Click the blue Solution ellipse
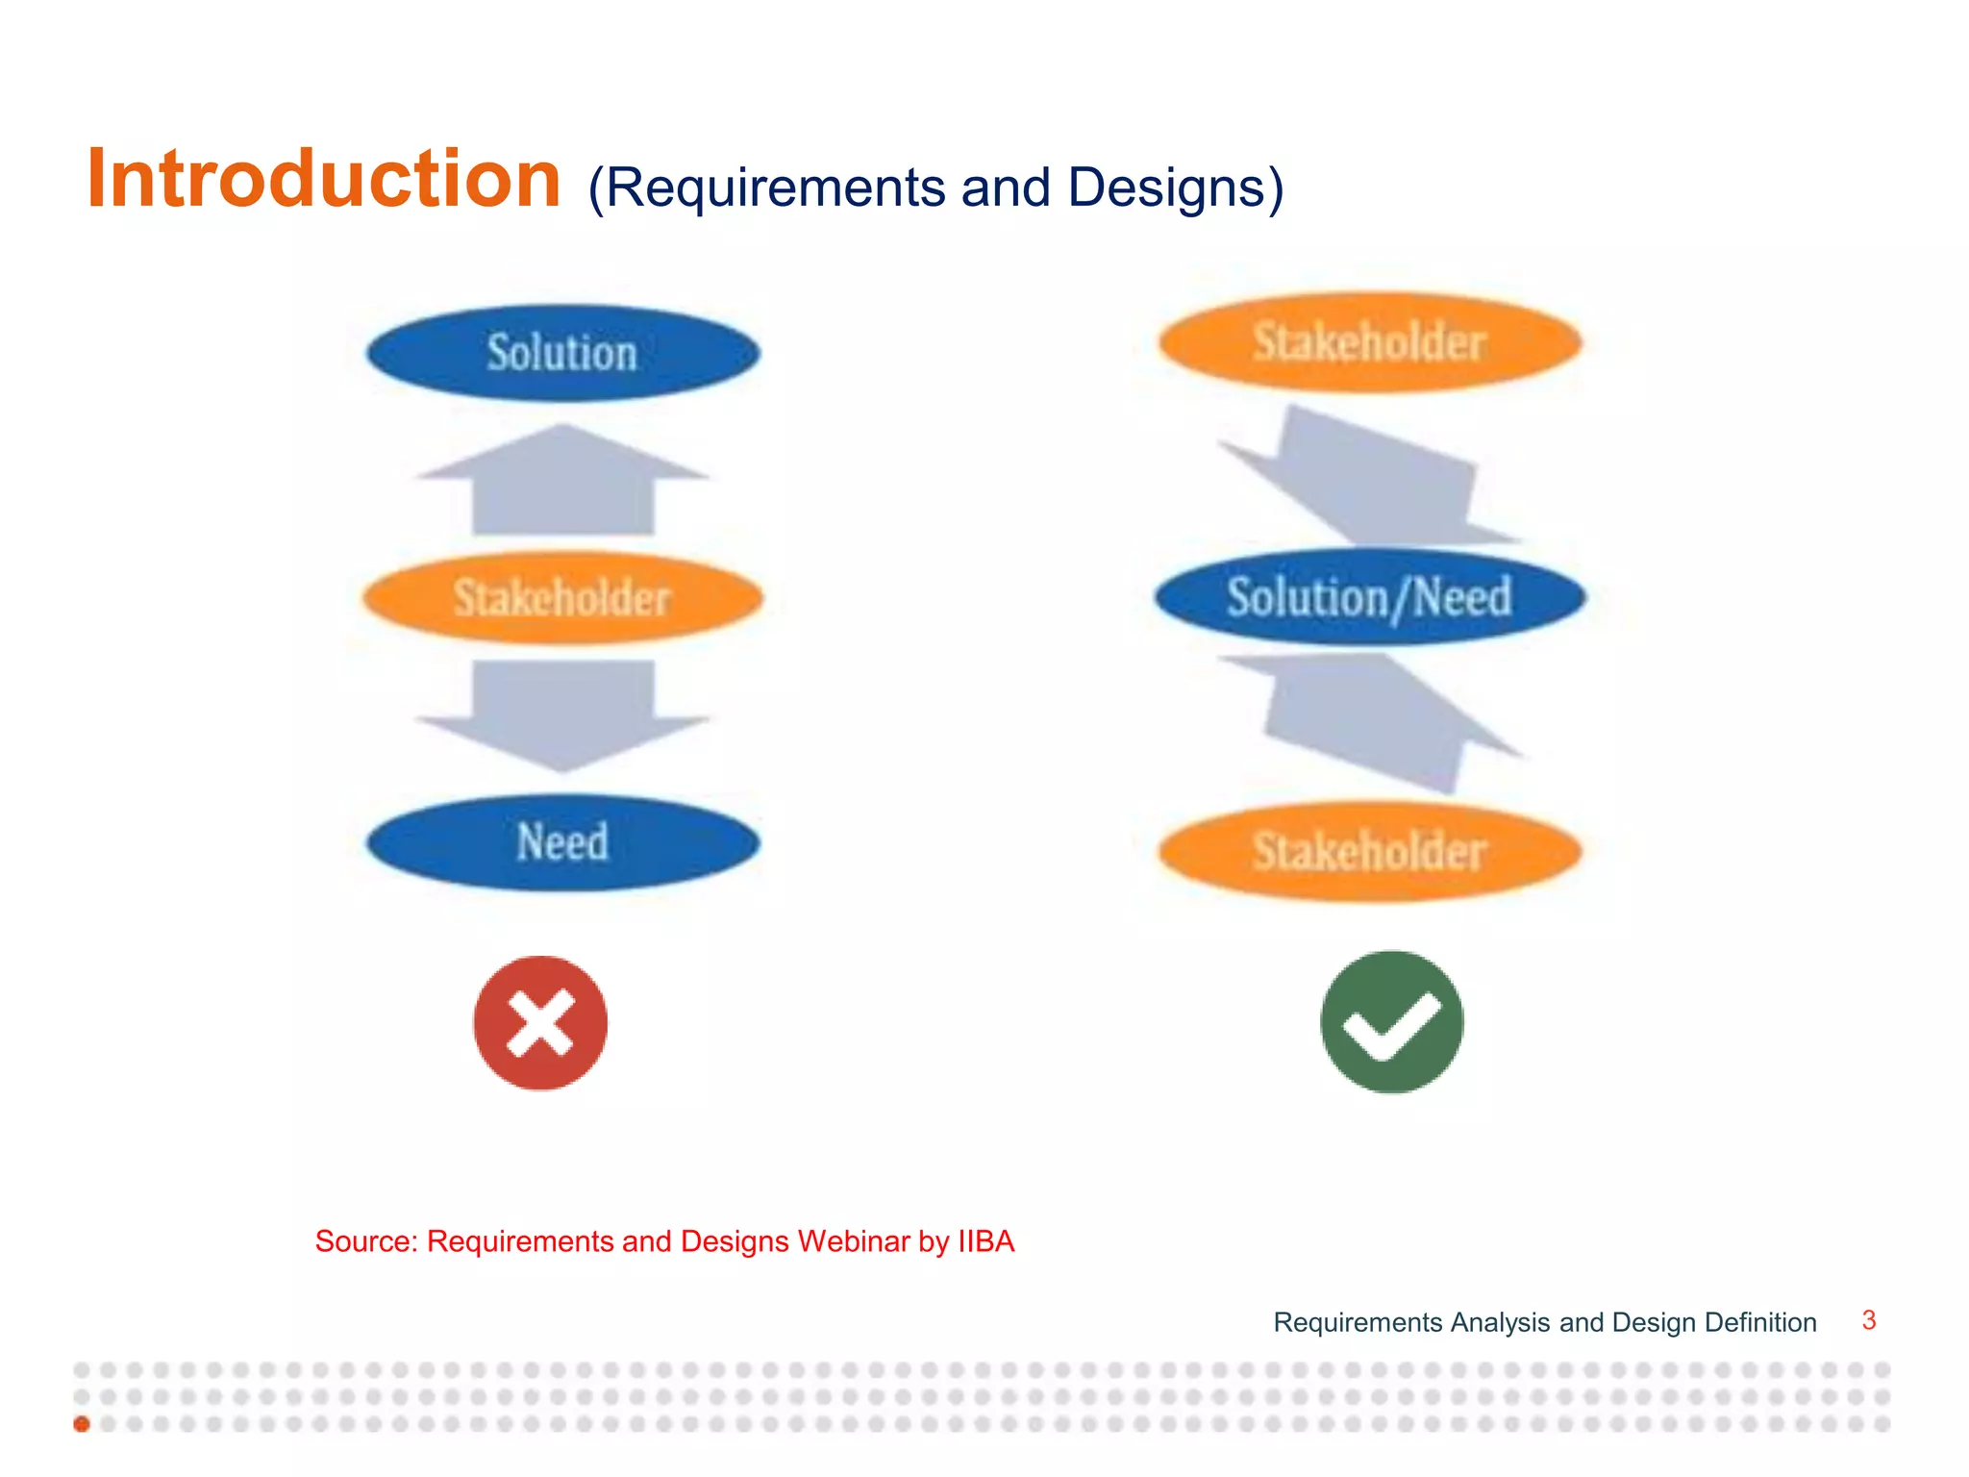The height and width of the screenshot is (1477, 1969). pos(562,353)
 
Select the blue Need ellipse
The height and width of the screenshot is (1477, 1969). pos(562,842)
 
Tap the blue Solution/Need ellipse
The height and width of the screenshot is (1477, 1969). pos(1369,597)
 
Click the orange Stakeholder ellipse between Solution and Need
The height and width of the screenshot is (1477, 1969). pos(562,598)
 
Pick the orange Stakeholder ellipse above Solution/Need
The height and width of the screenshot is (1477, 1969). pos(1369,342)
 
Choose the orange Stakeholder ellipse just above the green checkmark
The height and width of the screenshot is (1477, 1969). pos(1369,852)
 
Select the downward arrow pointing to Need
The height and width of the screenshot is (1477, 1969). pos(563,712)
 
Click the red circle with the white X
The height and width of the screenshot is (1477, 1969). pos(540,1023)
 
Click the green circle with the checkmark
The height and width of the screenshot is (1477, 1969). pos(1391,1022)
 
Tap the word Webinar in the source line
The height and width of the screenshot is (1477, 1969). pos(853,1241)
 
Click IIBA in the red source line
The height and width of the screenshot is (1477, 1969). pos(985,1241)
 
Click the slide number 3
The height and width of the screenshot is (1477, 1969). pos(1868,1320)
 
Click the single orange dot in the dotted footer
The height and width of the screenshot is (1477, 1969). pos(82,1424)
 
